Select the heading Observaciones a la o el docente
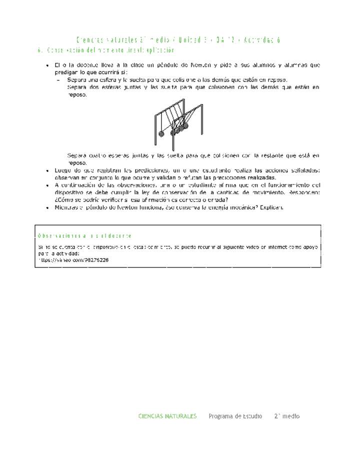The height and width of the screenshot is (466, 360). click(x=85, y=235)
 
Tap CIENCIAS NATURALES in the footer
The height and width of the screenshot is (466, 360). click(x=167, y=416)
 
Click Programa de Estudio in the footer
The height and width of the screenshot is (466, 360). click(x=235, y=416)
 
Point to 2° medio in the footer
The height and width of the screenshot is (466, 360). click(x=287, y=416)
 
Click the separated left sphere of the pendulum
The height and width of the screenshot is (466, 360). click(x=161, y=133)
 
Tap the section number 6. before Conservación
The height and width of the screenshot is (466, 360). click(x=40, y=50)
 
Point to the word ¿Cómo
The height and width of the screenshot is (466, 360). click(x=64, y=200)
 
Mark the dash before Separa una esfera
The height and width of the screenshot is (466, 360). click(x=58, y=80)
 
